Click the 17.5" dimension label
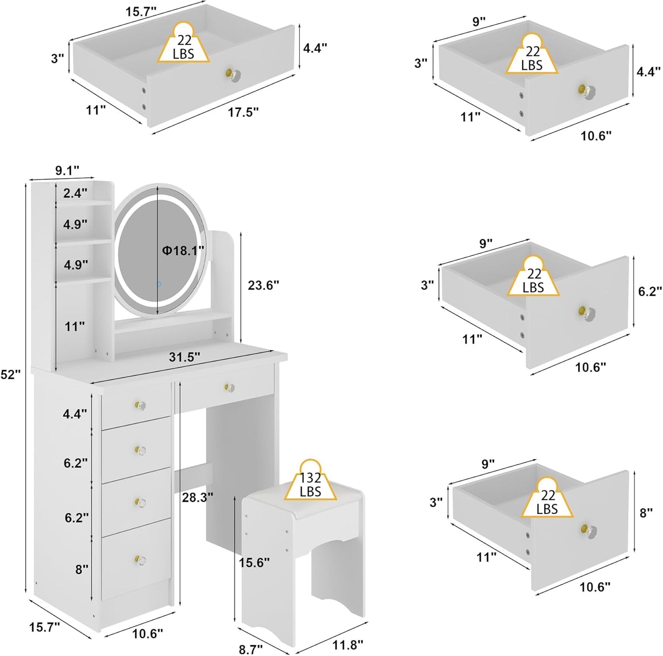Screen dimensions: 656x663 (243, 112)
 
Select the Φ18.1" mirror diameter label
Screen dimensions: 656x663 (183, 250)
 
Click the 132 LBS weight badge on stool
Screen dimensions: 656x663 (311, 485)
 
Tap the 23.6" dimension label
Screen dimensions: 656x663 (263, 285)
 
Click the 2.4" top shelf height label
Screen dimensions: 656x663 (75, 193)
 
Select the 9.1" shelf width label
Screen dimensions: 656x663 (67, 170)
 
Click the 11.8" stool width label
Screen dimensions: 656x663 (347, 645)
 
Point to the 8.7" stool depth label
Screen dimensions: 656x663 (251, 649)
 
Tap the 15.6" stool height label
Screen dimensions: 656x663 (254, 562)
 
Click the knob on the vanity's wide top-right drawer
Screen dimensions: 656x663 (229, 388)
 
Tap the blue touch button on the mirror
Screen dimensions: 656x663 (159, 284)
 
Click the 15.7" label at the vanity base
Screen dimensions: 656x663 (45, 627)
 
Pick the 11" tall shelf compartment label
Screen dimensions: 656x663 (74, 326)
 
